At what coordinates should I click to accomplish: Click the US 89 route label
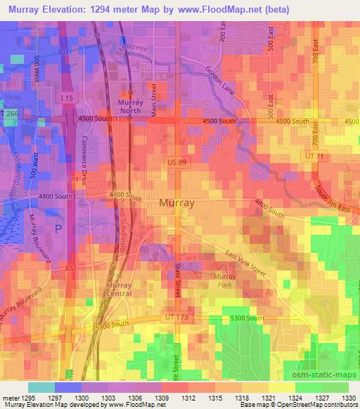178,162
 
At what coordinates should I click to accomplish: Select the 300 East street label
221,44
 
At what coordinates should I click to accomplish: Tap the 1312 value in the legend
188,397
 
